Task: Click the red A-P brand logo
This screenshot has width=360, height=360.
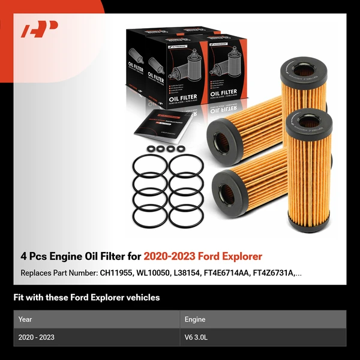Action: coord(40,29)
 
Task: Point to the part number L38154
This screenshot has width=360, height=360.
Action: coord(194,273)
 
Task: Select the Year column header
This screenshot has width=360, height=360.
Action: coord(25,320)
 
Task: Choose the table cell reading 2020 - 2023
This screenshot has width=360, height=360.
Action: coord(37,338)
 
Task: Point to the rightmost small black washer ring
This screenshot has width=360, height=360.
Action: coord(179,148)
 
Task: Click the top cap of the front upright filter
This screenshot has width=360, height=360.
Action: coord(308,123)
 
